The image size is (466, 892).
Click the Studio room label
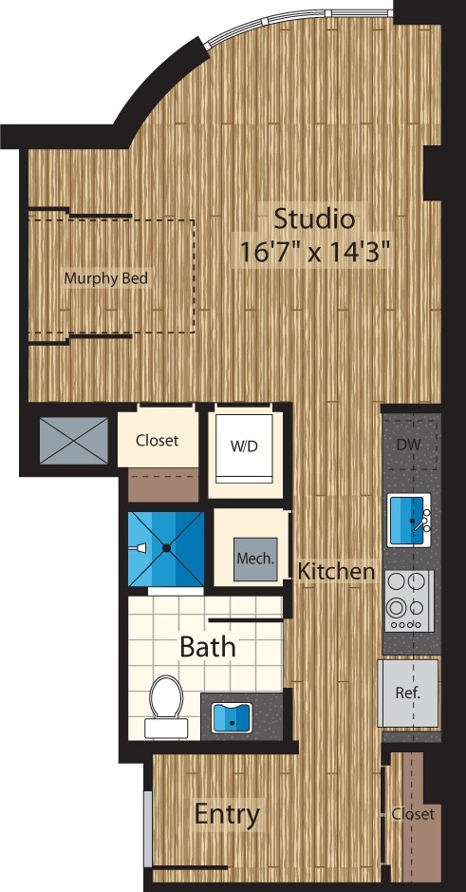(314, 218)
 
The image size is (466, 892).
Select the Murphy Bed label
(106, 278)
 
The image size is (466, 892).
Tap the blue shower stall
(166, 548)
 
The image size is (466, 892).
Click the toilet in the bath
(165, 706)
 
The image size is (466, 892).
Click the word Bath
(208, 649)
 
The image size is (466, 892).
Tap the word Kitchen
(336, 572)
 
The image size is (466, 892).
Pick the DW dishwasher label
(410, 445)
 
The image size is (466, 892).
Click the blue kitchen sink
(410, 520)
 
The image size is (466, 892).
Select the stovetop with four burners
(410, 600)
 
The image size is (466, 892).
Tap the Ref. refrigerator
(408, 692)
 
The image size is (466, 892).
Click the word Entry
(227, 814)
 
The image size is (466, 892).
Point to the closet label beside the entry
(413, 814)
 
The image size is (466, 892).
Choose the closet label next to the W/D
(158, 441)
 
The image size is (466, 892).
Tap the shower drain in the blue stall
(166, 548)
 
